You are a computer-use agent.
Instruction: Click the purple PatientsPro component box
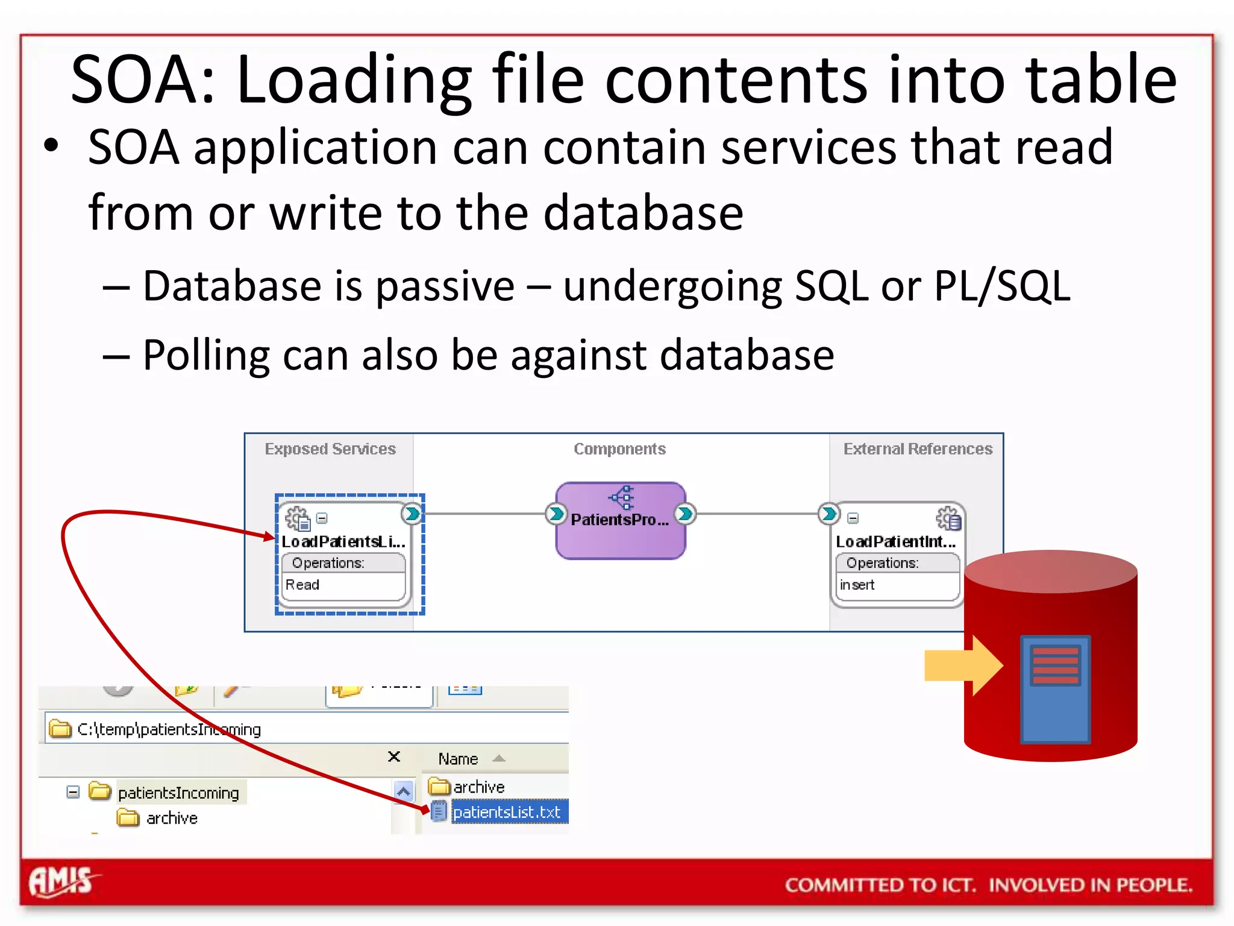tap(620, 521)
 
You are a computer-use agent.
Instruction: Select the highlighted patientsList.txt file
tap(507, 812)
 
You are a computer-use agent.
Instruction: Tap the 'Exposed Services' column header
tap(330, 449)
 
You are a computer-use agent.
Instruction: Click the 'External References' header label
tap(917, 449)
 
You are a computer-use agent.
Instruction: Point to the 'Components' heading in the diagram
tap(619, 449)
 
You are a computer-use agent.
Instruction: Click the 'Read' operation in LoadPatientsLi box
tap(302, 585)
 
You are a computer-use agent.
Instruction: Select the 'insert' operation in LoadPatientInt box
tap(857, 585)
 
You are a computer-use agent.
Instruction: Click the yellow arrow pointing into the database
tap(963, 666)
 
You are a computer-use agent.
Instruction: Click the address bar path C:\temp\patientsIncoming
tap(169, 729)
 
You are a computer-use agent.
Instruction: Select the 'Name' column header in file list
tap(458, 759)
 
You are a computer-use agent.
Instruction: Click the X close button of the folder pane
tap(394, 757)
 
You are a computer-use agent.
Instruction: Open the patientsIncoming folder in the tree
tap(178, 793)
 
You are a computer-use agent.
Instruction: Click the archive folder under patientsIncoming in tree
tap(171, 818)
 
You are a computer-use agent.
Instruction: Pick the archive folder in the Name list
tap(478, 787)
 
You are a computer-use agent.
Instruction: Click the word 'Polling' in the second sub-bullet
tap(205, 355)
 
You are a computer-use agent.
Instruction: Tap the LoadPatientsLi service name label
tap(343, 542)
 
